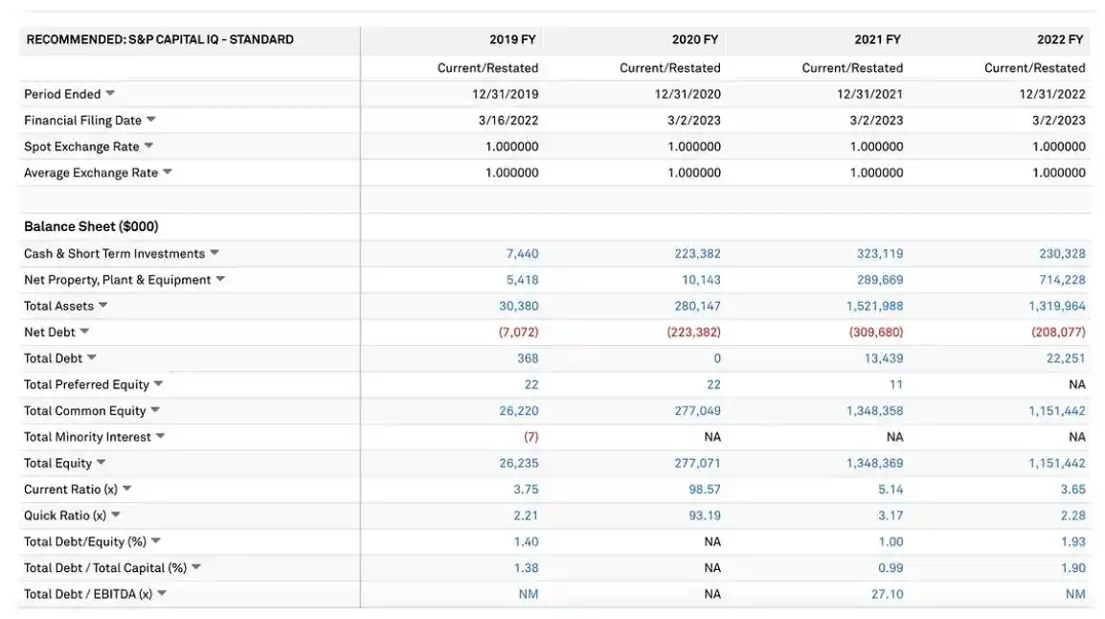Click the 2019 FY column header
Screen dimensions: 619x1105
click(512, 40)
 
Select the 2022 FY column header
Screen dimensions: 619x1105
click(1060, 40)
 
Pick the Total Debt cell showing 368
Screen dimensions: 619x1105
click(528, 358)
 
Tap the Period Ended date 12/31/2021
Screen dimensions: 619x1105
click(869, 94)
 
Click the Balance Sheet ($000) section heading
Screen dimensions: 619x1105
click(91, 227)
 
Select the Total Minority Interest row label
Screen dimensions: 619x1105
click(87, 437)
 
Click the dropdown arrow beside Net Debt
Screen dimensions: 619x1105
click(84, 332)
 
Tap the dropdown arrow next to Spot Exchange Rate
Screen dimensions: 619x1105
click(148, 147)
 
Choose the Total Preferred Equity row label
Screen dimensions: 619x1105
click(86, 384)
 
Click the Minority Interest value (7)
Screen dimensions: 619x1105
click(530, 437)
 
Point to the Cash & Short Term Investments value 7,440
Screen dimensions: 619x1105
click(522, 254)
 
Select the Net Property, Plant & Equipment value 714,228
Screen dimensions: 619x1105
click(1062, 280)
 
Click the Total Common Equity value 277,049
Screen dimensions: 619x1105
click(697, 411)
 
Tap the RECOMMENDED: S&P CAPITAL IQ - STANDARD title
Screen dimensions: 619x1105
click(160, 40)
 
